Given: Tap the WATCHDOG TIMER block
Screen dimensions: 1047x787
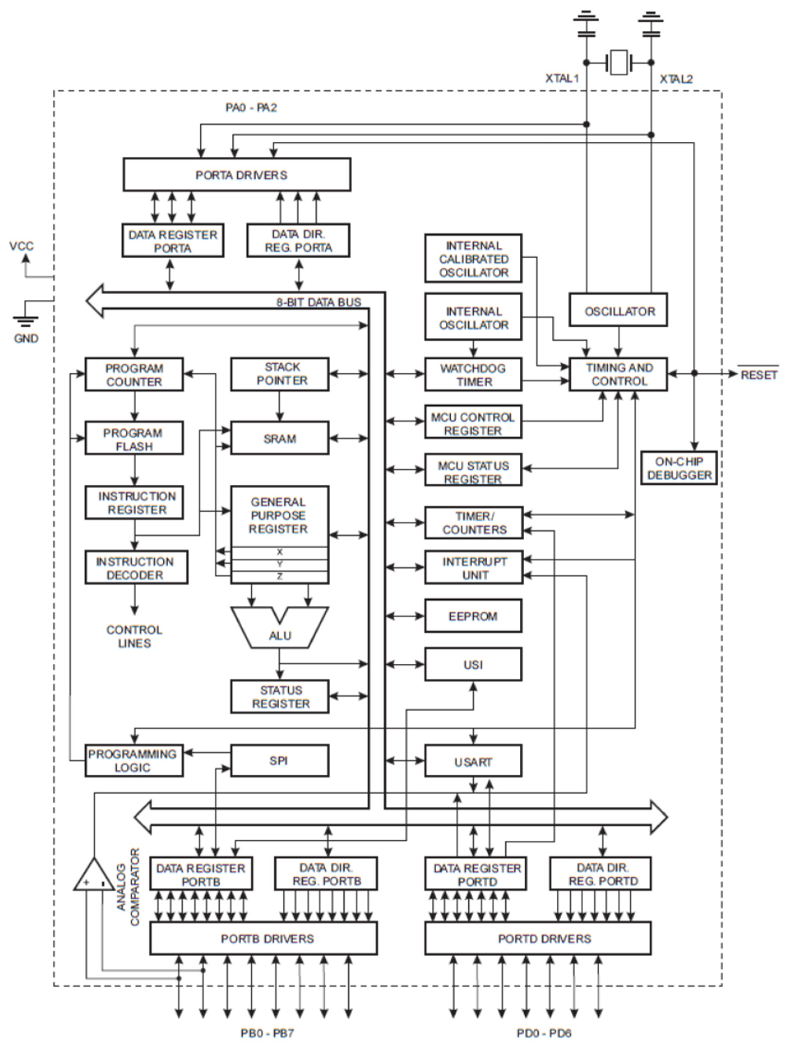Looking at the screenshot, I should tap(473, 375).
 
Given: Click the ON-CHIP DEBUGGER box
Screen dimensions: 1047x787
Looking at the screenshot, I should tap(679, 468).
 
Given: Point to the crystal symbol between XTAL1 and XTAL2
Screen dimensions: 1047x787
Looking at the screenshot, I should tap(618, 62).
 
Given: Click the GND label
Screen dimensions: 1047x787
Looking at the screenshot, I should tap(26, 338).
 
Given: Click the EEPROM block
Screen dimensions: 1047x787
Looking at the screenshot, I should tap(473, 616).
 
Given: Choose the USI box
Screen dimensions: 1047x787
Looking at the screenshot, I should tap(473, 664).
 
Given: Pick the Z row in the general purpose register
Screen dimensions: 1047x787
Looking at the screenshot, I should tap(279, 576).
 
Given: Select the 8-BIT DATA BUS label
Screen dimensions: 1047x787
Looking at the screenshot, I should tap(319, 302).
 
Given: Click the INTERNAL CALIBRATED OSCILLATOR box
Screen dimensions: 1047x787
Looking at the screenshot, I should tap(473, 259).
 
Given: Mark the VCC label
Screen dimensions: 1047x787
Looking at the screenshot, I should tap(22, 246).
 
